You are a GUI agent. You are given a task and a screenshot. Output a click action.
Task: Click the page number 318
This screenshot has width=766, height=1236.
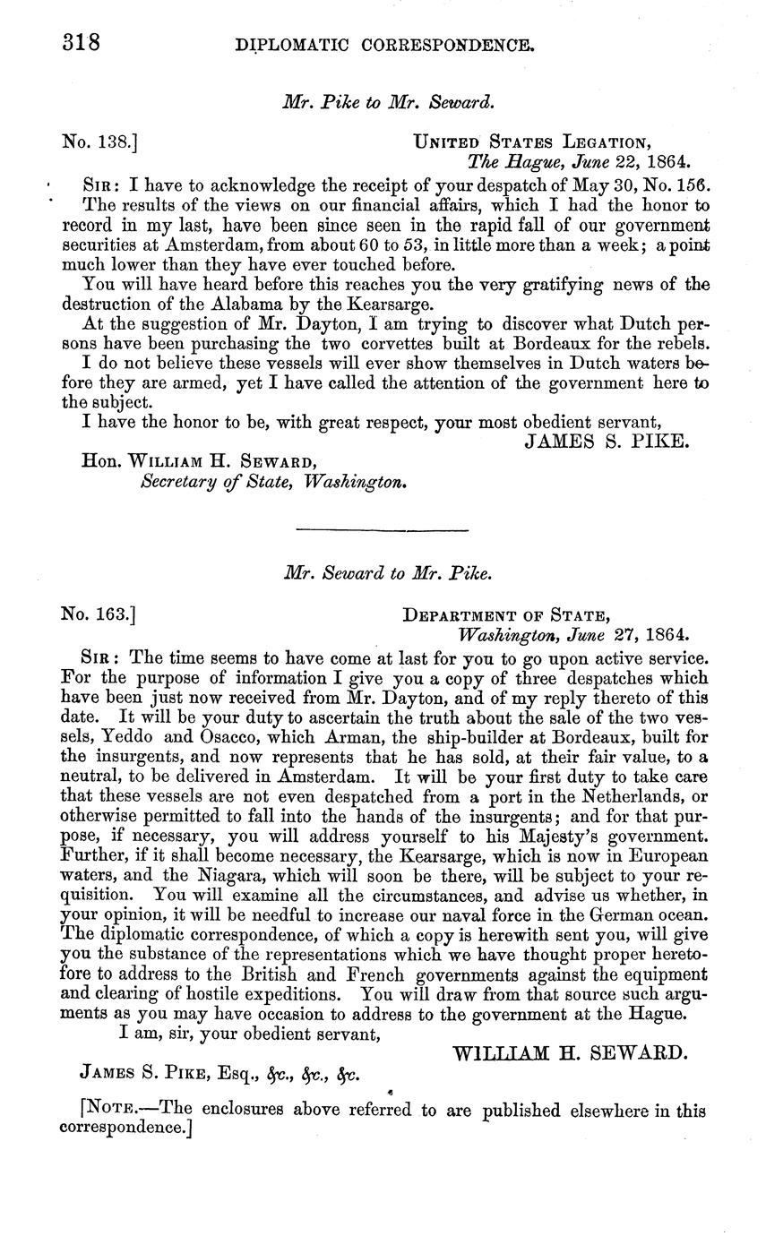79,42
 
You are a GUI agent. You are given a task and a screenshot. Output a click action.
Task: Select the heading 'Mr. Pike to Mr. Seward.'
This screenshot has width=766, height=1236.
387,101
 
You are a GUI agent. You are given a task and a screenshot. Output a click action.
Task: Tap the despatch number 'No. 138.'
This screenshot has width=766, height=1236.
98,141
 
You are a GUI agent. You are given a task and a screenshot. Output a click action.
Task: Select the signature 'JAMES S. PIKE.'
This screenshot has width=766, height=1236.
607,441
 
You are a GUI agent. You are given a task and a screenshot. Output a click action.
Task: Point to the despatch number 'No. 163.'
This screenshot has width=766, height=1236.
98,614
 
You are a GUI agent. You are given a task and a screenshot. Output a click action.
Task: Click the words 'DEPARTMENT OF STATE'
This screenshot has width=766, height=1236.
507,615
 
